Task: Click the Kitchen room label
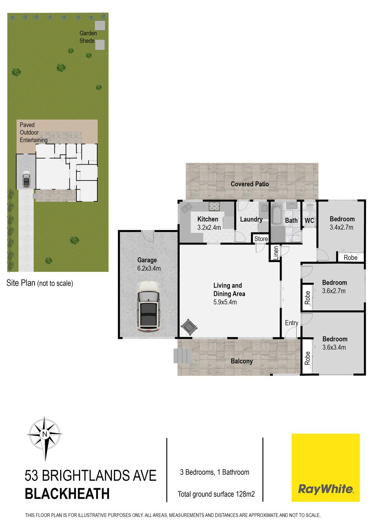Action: pos(208,219)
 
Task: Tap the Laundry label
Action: pos(251,220)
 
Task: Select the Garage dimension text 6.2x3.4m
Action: pos(149,268)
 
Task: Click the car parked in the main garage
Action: pos(148,306)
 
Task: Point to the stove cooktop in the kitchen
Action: pos(214,206)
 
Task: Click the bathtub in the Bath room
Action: pos(276,213)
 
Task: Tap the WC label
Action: pos(309,221)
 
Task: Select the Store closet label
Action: pos(261,239)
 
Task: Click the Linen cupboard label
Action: pos(276,253)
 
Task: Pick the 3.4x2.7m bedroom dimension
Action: pos(341,227)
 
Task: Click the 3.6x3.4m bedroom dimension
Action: pos(334,347)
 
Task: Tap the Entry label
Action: pos(292,323)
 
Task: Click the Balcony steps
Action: pos(182,356)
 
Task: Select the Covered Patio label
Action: pos(250,184)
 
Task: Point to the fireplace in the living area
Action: pos(189,327)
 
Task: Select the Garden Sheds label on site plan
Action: pos(88,37)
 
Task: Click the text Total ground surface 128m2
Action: pos(216,494)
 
